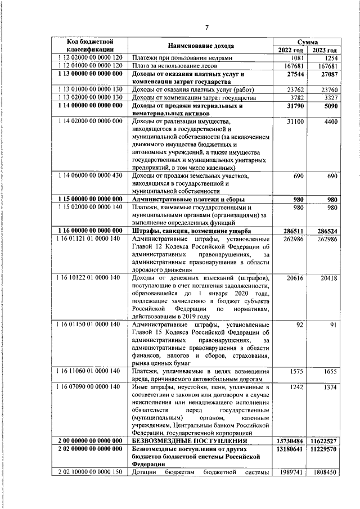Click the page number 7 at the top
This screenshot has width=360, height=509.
[206, 28]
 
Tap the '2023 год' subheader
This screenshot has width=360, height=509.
[325, 50]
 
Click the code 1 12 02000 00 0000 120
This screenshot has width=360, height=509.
[90, 58]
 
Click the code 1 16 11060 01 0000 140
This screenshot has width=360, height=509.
[90, 371]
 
